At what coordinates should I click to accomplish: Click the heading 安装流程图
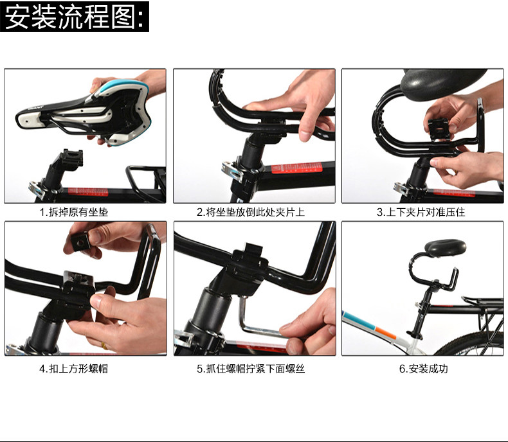click(x=75, y=17)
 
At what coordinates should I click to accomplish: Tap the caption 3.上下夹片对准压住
click(x=421, y=211)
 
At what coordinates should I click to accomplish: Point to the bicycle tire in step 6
click(x=473, y=344)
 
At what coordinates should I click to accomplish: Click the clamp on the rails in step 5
click(x=249, y=260)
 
